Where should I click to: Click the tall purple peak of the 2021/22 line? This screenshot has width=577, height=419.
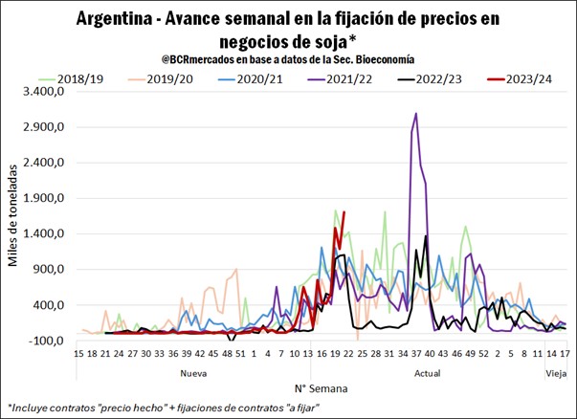(415, 114)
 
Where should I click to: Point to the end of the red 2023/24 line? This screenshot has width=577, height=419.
(344, 212)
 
